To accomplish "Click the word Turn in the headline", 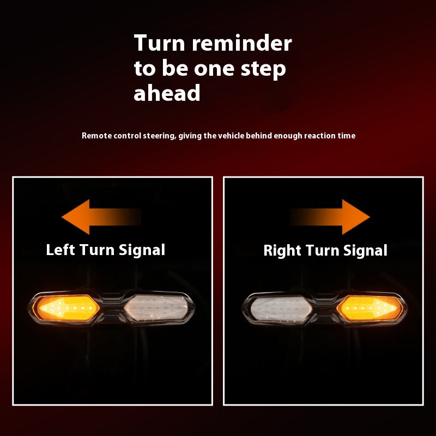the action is (159, 43).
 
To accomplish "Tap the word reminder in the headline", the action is (242, 43).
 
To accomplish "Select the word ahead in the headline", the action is (167, 93).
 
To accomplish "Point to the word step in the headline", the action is (263, 69).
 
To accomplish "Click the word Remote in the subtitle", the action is (97, 136).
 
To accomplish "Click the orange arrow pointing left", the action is (101, 217).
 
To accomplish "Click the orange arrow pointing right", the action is (330, 217).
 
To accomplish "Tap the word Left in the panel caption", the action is (60, 250).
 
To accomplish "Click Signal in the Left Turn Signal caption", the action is (142, 250).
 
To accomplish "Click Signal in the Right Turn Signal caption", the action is (365, 251).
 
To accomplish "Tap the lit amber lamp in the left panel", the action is (66, 308).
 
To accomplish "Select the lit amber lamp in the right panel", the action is (370, 308).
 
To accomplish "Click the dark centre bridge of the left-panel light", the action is (112, 308).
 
